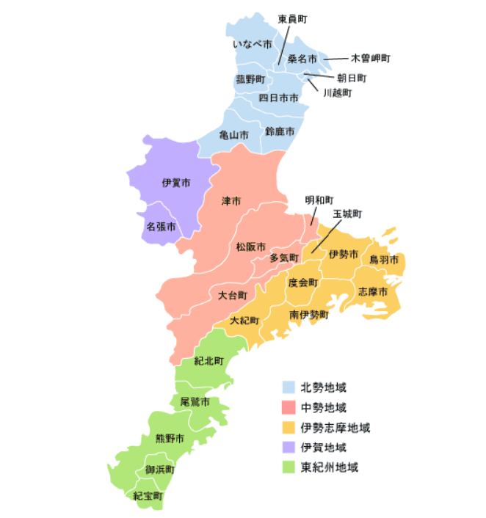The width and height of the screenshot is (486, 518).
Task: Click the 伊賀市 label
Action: [x=176, y=182]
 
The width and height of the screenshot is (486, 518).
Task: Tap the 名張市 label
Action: [x=160, y=227]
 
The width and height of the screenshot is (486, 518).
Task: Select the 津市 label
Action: [x=231, y=200]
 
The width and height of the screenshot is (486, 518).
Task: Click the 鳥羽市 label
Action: [x=384, y=260]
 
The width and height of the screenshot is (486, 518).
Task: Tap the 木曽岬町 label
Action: [x=370, y=57]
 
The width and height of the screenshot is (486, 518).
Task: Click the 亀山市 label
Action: [x=234, y=135]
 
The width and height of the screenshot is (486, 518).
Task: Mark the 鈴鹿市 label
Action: [x=280, y=131]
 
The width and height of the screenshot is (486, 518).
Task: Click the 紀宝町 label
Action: [x=148, y=496]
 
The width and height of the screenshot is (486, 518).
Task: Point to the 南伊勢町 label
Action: [x=309, y=314]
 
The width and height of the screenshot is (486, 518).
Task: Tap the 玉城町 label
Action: [x=348, y=214]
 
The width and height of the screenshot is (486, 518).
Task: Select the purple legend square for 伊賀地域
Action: [x=289, y=447]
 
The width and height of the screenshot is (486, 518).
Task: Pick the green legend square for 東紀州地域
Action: [x=289, y=467]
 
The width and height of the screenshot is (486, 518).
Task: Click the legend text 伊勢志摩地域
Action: [x=336, y=427]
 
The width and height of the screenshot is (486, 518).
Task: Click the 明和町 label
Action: [x=319, y=200]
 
